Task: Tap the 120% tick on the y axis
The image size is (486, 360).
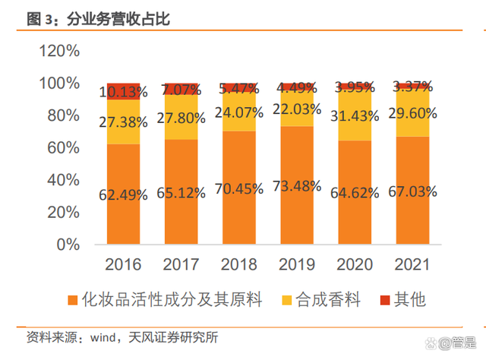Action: [x=59, y=51]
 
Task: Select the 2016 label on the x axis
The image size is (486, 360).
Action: [x=124, y=265]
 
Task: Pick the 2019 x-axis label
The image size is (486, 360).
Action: [x=295, y=265]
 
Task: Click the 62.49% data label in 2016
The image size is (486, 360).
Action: [x=124, y=195]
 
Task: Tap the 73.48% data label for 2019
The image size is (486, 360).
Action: [x=295, y=187]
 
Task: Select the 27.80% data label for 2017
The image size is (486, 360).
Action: [x=181, y=118]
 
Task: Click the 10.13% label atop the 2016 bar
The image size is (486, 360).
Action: [x=124, y=93]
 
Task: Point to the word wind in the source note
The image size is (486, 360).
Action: [x=106, y=336]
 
